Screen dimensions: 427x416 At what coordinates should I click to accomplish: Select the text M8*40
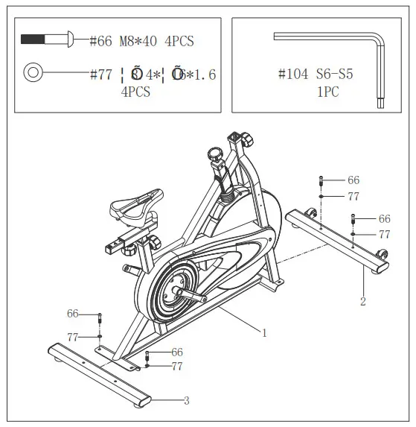pyautogui.click(x=139, y=42)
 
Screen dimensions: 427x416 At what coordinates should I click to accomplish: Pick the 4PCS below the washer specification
pyautogui.click(x=135, y=92)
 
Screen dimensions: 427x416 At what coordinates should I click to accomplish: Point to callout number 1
pyautogui.click(x=263, y=333)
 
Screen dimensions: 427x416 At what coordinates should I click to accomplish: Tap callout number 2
pyautogui.click(x=363, y=302)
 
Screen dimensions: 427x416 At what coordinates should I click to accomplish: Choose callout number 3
pyautogui.click(x=186, y=401)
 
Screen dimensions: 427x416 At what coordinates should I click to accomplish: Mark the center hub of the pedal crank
pyautogui.click(x=176, y=291)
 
